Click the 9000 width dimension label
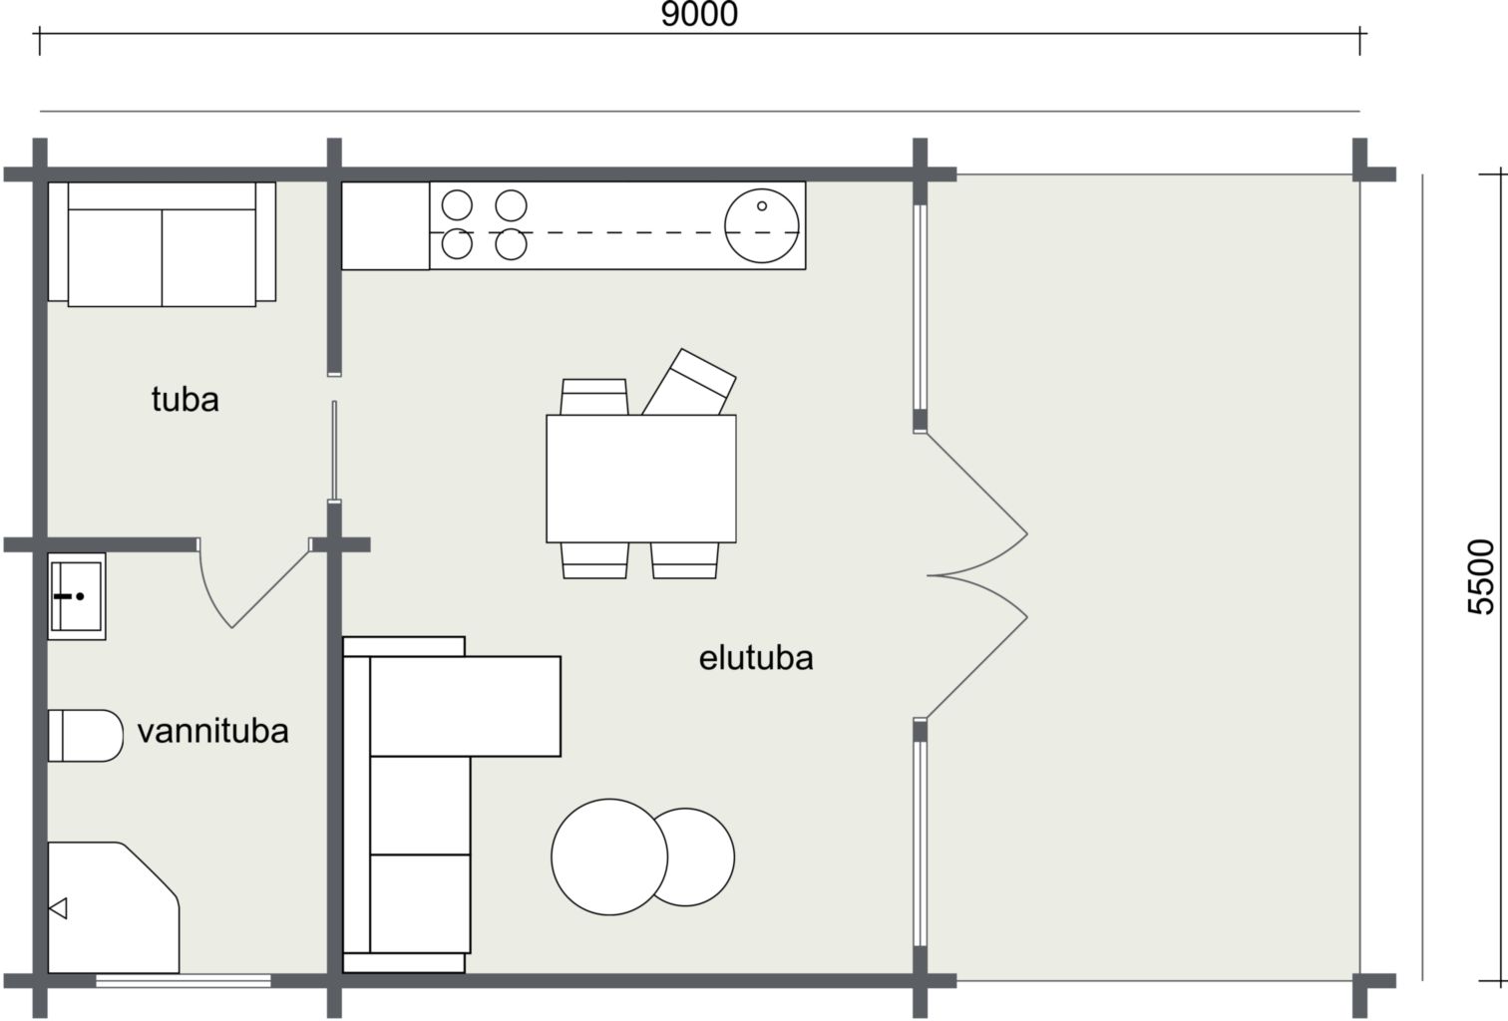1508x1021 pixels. click(x=699, y=15)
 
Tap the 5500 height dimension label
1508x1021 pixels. click(x=1480, y=576)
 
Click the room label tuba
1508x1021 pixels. click(x=186, y=399)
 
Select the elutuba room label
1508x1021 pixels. click(x=756, y=657)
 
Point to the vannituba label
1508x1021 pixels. click(x=212, y=731)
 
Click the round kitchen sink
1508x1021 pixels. click(x=761, y=226)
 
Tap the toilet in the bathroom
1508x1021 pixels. click(x=86, y=735)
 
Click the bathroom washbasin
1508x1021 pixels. click(x=77, y=596)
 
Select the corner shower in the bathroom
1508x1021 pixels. click(x=114, y=907)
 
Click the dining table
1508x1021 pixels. click(x=641, y=479)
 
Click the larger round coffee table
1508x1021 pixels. click(x=609, y=856)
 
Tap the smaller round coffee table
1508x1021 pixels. click(x=693, y=856)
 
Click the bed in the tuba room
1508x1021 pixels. click(x=162, y=244)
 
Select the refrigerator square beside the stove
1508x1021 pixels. click(x=385, y=225)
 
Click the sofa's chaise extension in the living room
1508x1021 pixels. click(x=465, y=706)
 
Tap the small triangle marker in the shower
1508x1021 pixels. click(x=58, y=908)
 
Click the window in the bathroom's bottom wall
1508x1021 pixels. click(x=184, y=980)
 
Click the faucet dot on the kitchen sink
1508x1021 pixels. click(x=761, y=206)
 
